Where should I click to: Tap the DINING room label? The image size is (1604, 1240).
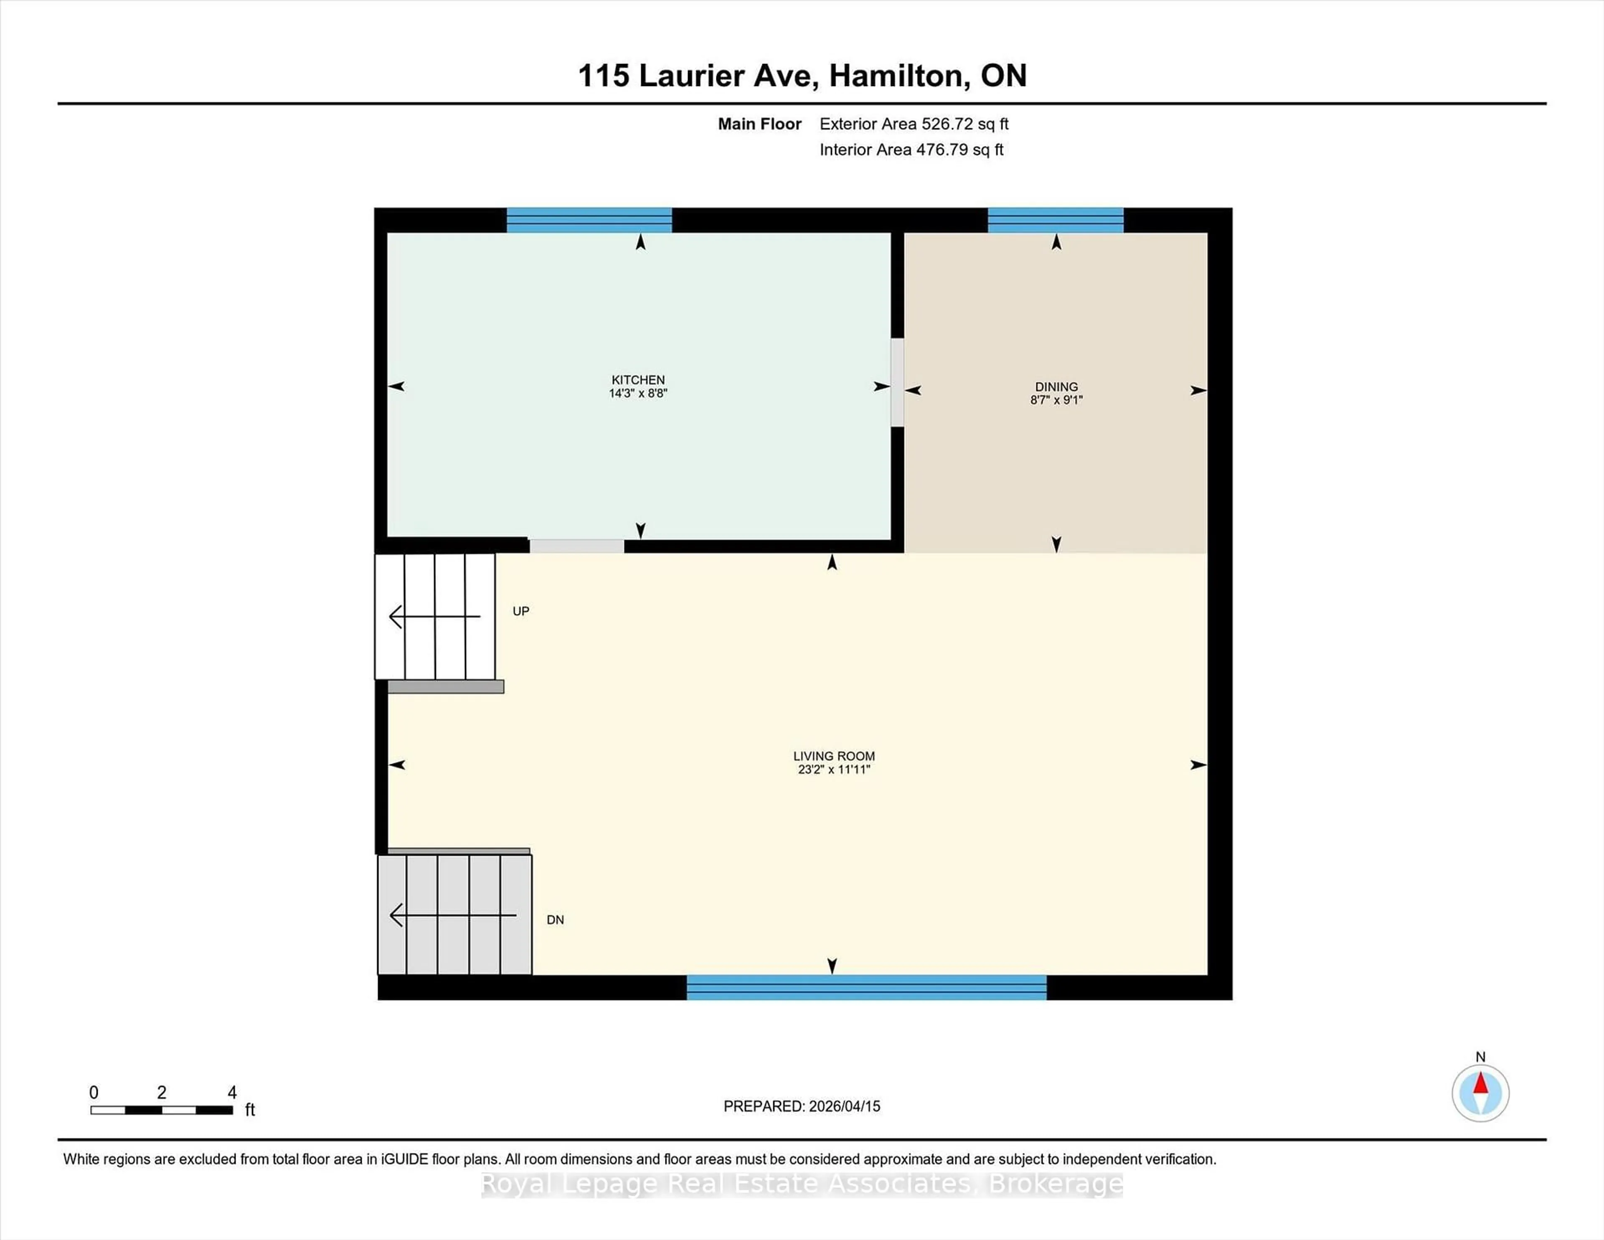point(1056,386)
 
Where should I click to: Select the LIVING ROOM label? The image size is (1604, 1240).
point(834,756)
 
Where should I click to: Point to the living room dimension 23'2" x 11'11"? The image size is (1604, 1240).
point(834,769)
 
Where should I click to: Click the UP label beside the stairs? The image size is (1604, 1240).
point(521,611)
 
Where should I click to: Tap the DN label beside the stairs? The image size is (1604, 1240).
point(555,920)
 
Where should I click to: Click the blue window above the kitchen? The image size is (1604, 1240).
point(589,220)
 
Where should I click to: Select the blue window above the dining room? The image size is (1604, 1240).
point(1056,220)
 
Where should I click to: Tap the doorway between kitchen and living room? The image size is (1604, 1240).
point(576,546)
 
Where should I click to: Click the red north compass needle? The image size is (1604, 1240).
point(1481,1084)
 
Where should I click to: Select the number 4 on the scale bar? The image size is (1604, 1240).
point(232,1093)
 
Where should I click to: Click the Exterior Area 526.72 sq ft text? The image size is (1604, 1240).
point(914,124)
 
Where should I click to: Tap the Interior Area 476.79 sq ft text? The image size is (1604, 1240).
point(911,150)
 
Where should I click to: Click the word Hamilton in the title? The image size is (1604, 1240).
point(896,76)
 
